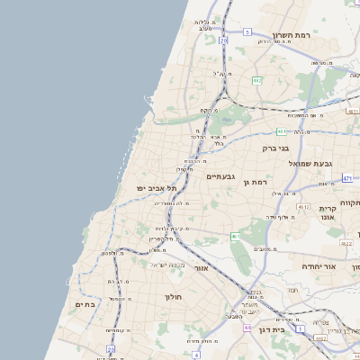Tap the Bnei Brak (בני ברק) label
click(x=275, y=148)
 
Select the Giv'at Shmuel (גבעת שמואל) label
click(x=310, y=163)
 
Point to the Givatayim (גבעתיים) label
click(x=220, y=176)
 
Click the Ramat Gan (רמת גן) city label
click(x=256, y=183)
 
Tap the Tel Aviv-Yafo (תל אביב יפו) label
click(x=154, y=187)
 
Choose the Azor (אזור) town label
click(x=202, y=267)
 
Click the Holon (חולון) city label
click(x=174, y=296)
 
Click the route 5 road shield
click(x=247, y=31)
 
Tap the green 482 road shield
click(x=257, y=80)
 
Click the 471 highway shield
click(x=347, y=178)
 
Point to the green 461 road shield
click(x=235, y=237)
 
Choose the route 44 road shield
click(x=247, y=328)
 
